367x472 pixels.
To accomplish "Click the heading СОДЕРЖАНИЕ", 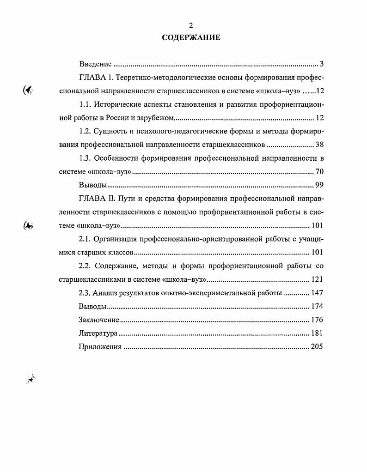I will click(191, 37).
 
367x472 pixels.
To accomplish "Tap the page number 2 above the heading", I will click(191, 25).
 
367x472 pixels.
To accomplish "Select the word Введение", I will click(95, 64).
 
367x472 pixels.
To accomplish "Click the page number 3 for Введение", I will click(322, 64).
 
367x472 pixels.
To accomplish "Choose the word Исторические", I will click(121, 104).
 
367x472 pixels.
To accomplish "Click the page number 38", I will click(319, 145).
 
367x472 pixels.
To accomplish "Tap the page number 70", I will click(319, 172).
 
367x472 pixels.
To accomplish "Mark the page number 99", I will click(319, 185).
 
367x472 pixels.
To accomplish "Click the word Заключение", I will click(99, 320).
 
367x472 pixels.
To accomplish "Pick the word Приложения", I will click(100, 347).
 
